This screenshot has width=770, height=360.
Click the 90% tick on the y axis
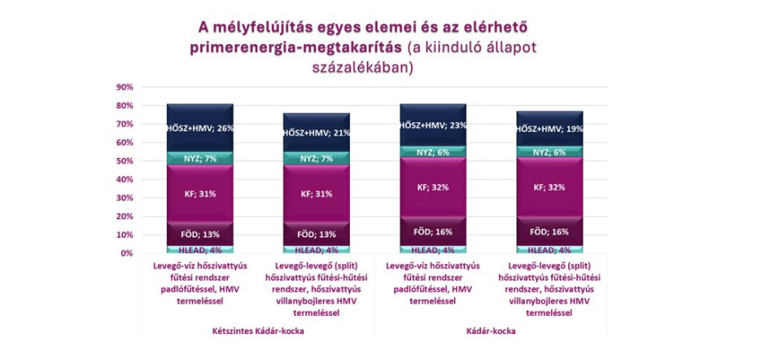coord(124,87)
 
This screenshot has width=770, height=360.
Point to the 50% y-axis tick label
coord(124,161)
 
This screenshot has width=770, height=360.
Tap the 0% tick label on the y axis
coord(126,253)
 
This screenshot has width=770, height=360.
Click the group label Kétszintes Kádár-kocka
coord(258,331)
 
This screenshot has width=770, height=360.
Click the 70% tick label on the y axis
coord(124,124)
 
